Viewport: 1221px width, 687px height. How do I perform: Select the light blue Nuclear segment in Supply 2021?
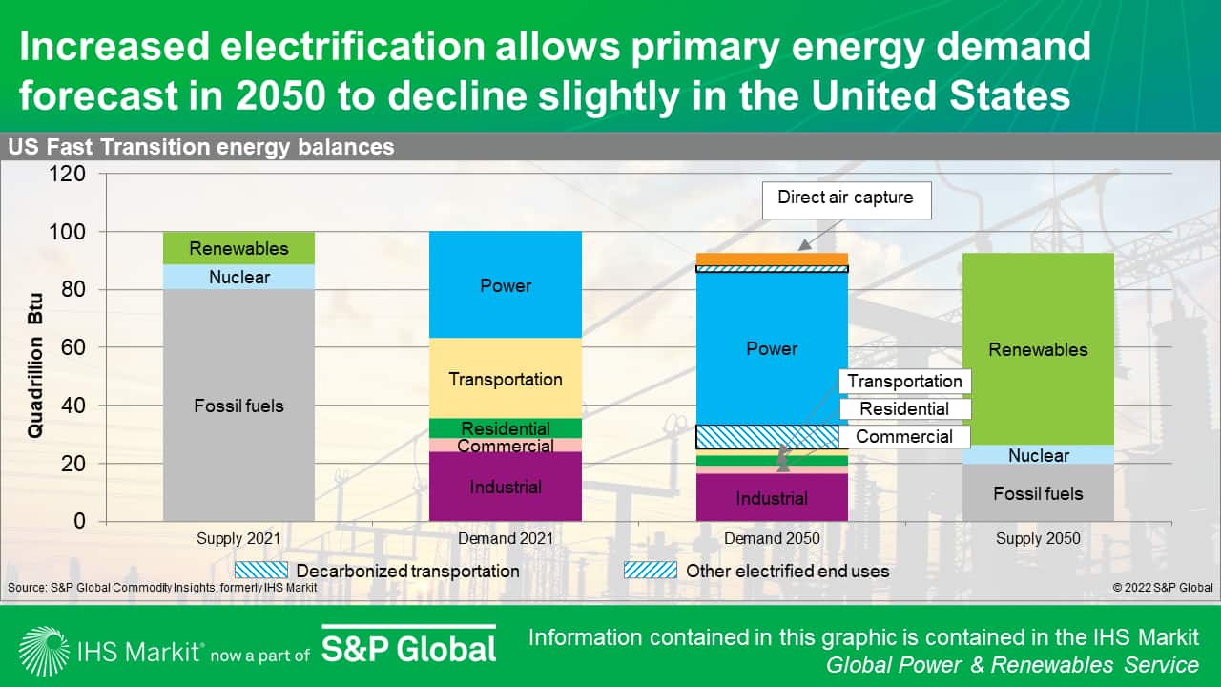click(x=238, y=278)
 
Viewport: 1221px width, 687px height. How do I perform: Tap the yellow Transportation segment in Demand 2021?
click(x=506, y=379)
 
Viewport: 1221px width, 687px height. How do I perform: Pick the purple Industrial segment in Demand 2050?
click(x=772, y=498)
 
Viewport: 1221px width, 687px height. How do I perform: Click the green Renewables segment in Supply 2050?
click(x=1038, y=349)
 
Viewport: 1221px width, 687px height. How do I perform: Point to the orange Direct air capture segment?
click(x=772, y=259)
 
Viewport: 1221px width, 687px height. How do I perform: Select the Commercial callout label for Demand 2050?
click(x=904, y=437)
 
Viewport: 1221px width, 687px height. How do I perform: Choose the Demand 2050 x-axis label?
click(x=772, y=539)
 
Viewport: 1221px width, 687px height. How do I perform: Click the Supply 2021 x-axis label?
click(x=238, y=539)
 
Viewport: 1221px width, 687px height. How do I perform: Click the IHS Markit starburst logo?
click(x=43, y=651)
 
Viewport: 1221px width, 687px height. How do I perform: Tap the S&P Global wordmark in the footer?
click(x=408, y=649)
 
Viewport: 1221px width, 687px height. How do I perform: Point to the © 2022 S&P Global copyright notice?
click(x=1162, y=588)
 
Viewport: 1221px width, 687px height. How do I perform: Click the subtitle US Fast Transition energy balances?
click(x=201, y=147)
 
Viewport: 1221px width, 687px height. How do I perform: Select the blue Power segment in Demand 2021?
click(x=506, y=285)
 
